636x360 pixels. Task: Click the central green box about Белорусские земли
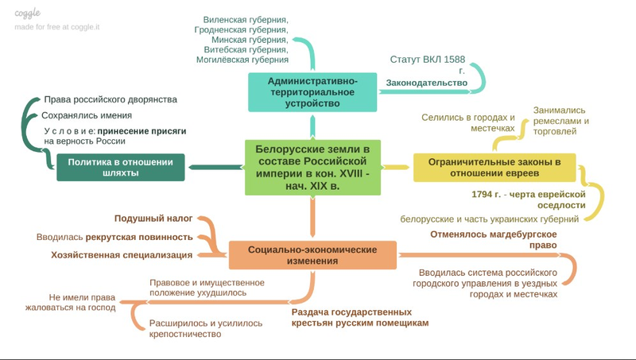(312, 168)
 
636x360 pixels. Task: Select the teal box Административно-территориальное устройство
(312, 91)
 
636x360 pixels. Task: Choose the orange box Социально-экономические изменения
(312, 255)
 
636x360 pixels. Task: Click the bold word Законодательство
(426, 83)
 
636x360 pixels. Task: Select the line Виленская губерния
(246, 17)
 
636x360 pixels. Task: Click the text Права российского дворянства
(110, 100)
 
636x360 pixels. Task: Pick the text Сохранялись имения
(87, 114)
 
